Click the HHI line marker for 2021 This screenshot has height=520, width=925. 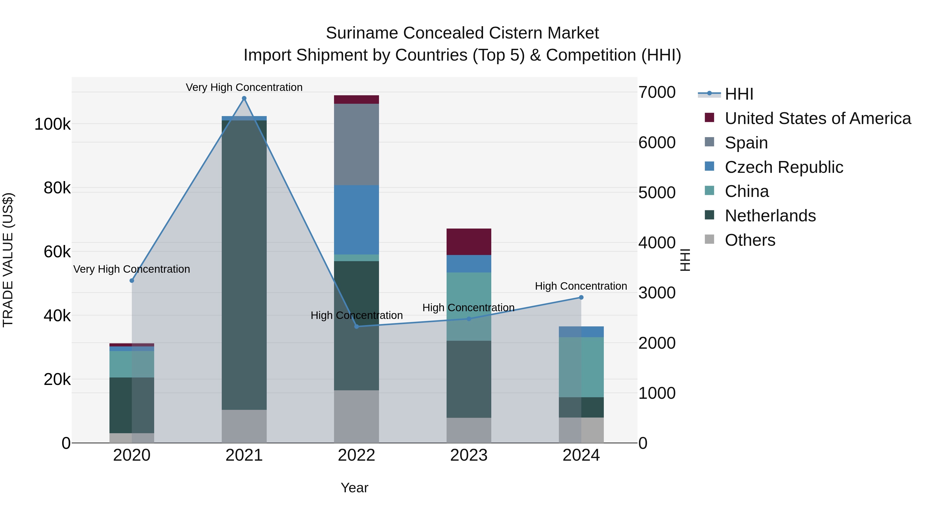[244, 98]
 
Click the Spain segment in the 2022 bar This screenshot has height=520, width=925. [357, 144]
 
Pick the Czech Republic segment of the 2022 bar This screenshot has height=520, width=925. [357, 220]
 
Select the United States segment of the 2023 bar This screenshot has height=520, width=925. [469, 242]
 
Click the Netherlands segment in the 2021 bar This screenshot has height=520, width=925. [244, 265]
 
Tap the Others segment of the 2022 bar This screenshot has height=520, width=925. [357, 416]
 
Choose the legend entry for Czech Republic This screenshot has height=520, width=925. [783, 167]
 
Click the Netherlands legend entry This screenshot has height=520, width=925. [770, 216]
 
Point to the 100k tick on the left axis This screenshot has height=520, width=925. [52, 125]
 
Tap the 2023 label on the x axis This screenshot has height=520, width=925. [469, 455]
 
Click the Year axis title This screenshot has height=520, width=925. [354, 488]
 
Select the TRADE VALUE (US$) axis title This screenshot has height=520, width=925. [8, 260]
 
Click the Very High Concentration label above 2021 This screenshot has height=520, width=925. [244, 87]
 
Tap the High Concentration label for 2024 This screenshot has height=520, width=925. [581, 286]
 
